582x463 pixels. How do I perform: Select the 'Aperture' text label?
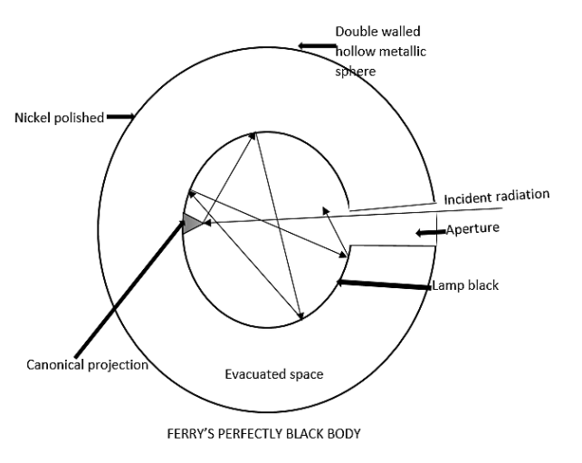(472, 230)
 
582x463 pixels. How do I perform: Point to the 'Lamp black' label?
(467, 285)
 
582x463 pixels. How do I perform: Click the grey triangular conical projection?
(190, 223)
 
